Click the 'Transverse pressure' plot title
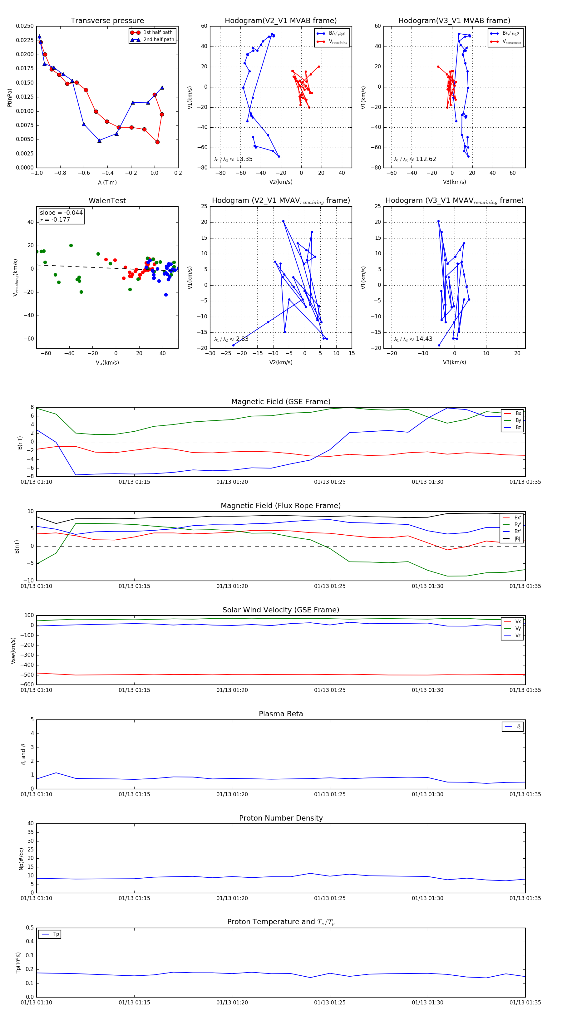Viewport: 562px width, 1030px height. (x=107, y=21)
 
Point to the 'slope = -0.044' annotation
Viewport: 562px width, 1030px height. (x=61, y=213)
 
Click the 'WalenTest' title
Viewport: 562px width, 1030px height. (x=107, y=201)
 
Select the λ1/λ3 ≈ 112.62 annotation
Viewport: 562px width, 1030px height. (x=415, y=159)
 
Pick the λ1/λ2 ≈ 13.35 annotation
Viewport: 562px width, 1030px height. (x=233, y=159)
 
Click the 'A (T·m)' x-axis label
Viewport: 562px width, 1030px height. (x=107, y=182)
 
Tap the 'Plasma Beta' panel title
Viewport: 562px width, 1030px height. (x=281, y=714)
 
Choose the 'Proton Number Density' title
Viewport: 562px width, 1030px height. (x=281, y=818)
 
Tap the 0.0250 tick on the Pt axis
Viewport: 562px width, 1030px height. (x=25, y=26)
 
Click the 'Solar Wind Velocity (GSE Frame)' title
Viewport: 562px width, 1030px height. (x=281, y=610)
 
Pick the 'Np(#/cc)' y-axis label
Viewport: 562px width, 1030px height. (x=22, y=858)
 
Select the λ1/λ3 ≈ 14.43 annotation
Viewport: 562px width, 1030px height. (x=413, y=339)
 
